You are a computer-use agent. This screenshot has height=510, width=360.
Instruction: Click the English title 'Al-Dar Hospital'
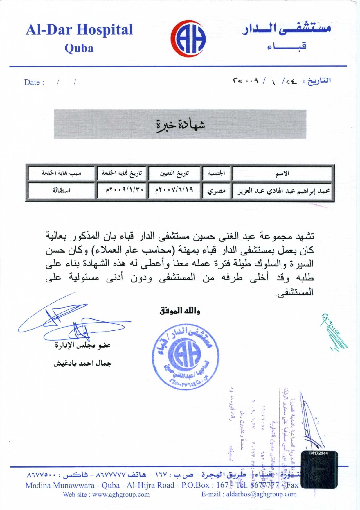pyautogui.click(x=79, y=30)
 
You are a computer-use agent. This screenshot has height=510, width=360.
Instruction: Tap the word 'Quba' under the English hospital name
pyautogui.click(x=79, y=48)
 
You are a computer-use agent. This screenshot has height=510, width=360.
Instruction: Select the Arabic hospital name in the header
pyautogui.click(x=287, y=29)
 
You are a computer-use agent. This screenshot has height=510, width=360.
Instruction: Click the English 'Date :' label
pyautogui.click(x=34, y=83)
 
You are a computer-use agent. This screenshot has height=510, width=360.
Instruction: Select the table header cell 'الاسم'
pyautogui.click(x=282, y=173)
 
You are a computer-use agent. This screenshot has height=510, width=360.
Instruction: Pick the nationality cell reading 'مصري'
pyautogui.click(x=216, y=191)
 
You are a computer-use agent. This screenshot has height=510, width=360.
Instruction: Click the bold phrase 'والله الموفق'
pyautogui.click(x=180, y=311)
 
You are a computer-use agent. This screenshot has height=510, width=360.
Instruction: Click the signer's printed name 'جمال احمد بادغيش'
pyautogui.click(x=82, y=363)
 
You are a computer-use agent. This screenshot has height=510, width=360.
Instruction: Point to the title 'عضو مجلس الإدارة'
pyautogui.click(x=83, y=345)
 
